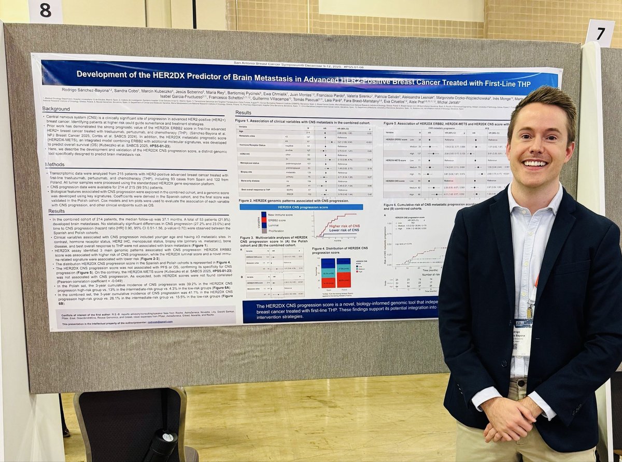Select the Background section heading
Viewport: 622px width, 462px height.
coord(56,109)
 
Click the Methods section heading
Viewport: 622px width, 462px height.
coord(53,164)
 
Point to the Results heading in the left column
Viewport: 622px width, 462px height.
coord(53,211)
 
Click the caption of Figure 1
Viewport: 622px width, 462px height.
coord(306,121)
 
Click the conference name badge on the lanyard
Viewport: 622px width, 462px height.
coord(523,337)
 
